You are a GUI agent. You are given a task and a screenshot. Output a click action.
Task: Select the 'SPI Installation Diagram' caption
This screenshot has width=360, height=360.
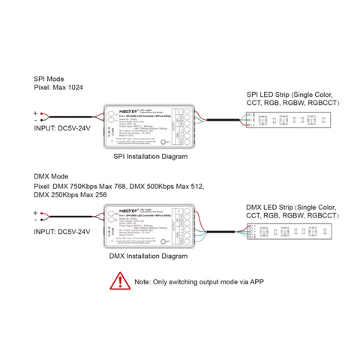[x=148, y=158]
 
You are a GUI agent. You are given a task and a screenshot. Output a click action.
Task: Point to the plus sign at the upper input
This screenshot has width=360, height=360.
[x=35, y=112]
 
